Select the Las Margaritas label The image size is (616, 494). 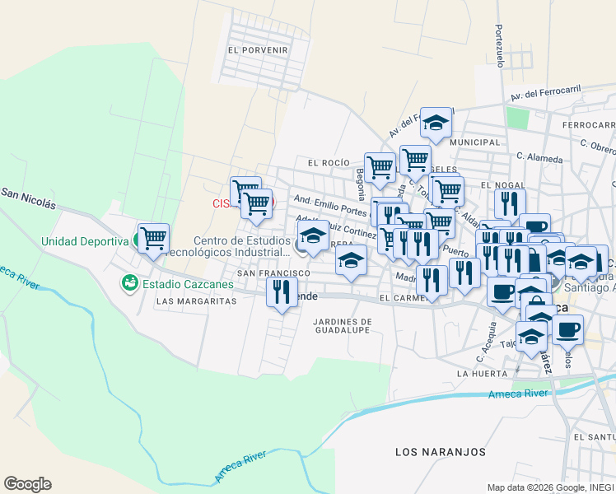196,301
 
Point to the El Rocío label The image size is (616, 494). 329,163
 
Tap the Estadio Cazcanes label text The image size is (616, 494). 188,285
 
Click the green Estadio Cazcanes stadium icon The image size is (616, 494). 129,284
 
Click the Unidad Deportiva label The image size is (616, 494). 86,241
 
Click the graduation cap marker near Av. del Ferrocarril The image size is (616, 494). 436,123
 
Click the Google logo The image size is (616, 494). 27,484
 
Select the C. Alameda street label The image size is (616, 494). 540,158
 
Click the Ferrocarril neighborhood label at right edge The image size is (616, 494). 589,125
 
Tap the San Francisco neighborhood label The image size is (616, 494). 273,273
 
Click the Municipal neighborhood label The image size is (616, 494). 476,142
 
